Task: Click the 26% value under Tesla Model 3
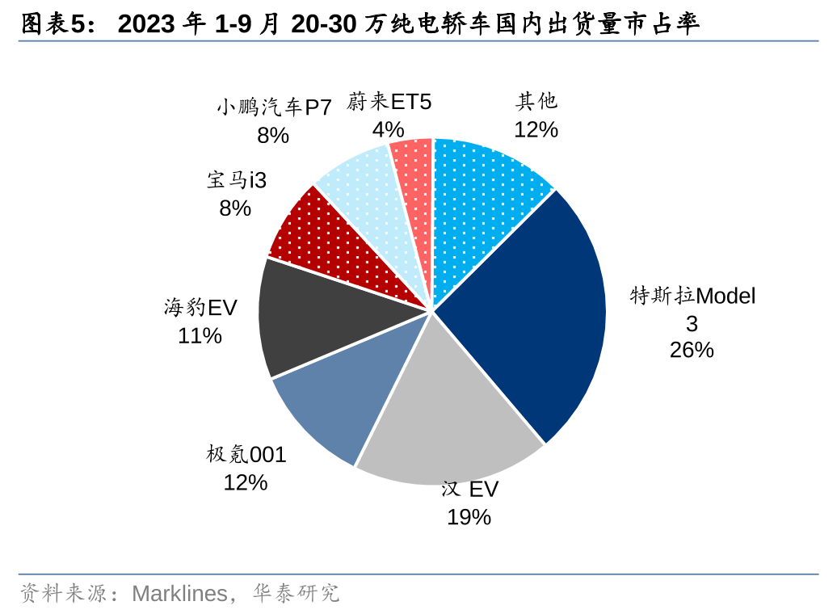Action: (x=692, y=351)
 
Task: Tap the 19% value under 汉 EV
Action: (x=469, y=517)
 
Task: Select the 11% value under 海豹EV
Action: (x=200, y=335)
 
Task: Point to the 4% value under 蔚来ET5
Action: (x=388, y=129)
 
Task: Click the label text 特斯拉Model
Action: (x=692, y=296)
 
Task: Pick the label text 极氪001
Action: (x=246, y=455)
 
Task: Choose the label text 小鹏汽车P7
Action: (x=274, y=107)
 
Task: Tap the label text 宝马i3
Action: (x=236, y=180)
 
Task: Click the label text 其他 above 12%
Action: (x=536, y=101)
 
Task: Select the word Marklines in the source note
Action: (x=179, y=594)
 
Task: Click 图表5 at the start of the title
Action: (x=53, y=24)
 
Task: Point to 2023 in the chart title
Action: (x=146, y=24)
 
